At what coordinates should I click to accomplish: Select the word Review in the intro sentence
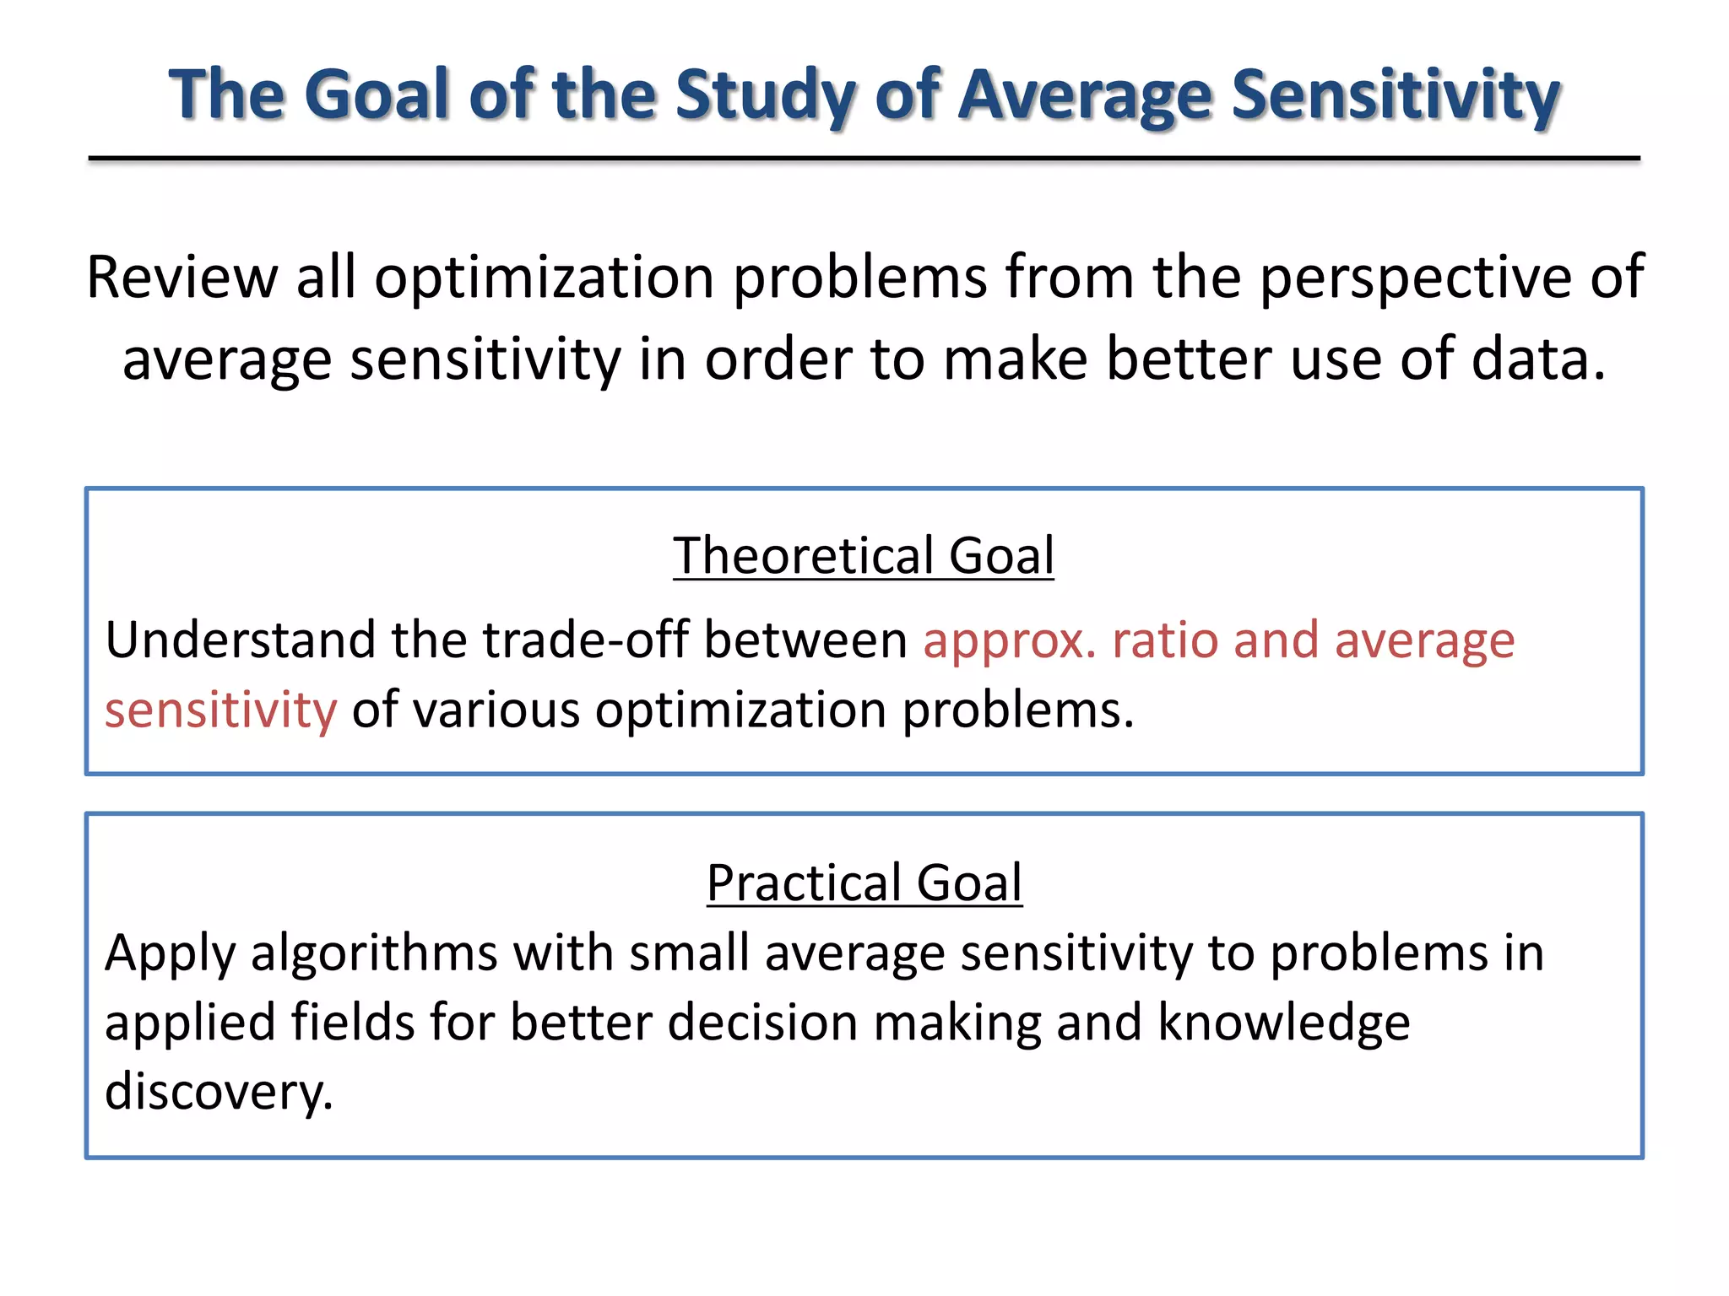point(182,278)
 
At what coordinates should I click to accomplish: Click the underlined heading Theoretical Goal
point(864,556)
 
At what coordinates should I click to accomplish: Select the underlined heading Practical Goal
point(864,883)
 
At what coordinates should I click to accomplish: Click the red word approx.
point(1010,642)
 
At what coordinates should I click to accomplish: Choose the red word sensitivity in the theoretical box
point(220,710)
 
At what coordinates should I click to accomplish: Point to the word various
point(496,710)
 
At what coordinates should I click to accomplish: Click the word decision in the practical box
point(762,1023)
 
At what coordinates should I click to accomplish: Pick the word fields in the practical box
point(353,1023)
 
